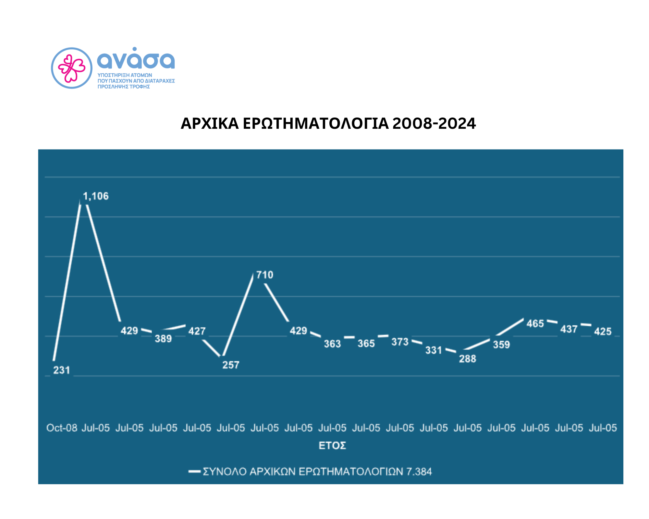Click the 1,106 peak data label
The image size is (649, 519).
coord(96,196)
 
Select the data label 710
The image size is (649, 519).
coord(265,275)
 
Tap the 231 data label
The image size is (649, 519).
coord(62,370)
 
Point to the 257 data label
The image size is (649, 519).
coord(231,365)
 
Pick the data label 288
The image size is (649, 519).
coord(467,359)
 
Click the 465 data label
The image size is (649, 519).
coord(535,323)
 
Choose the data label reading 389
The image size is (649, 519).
coord(163,339)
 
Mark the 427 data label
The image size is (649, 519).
coord(197,331)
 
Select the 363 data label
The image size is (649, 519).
coord(332,344)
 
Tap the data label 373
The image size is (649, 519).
coord(400,342)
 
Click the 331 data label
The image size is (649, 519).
coord(434,350)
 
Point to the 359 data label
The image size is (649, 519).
coord(501,344)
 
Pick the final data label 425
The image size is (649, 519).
coord(603,331)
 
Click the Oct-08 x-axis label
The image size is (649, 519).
coord(62,428)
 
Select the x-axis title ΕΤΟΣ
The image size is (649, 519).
coord(332,446)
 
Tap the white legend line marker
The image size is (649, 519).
coord(194,471)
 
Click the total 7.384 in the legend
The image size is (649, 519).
coord(419,471)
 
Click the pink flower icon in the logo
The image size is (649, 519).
coord(72,68)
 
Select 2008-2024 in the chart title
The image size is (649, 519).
coord(434,123)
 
